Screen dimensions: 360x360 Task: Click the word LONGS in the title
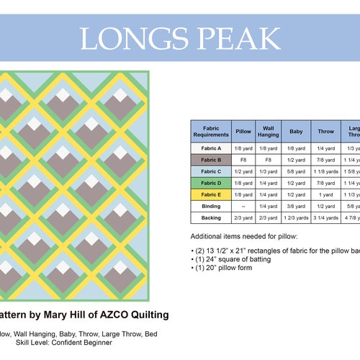[x=129, y=38]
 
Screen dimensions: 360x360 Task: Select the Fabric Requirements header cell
[x=211, y=131]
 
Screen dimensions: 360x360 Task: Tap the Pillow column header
[x=243, y=131]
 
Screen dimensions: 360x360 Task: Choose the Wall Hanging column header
[x=268, y=131]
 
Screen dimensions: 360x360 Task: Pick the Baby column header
[x=296, y=131]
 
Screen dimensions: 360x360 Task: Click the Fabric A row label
[x=211, y=147]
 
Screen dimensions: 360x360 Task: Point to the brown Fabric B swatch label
[x=211, y=159]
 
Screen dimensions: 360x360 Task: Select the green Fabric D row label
[x=211, y=183]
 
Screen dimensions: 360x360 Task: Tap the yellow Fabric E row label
[x=211, y=194]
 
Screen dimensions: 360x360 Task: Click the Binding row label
[x=211, y=206]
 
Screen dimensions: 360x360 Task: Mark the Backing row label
[x=211, y=217]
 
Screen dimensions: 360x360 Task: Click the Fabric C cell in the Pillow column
[x=243, y=171]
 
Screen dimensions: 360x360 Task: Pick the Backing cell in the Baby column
[x=296, y=217]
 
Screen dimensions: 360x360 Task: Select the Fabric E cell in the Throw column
[x=326, y=194]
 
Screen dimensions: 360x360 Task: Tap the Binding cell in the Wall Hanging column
[x=268, y=206]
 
